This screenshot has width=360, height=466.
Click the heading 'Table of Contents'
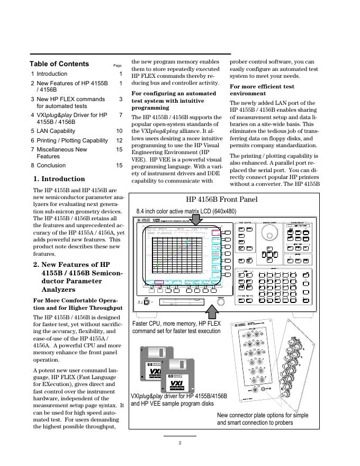tap(59, 64)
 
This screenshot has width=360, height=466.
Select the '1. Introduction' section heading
tap(59, 179)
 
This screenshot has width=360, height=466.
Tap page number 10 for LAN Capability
tap(119, 131)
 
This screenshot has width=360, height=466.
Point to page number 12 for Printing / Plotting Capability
tap(119, 140)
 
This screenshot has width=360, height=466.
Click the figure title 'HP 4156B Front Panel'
tap(222, 200)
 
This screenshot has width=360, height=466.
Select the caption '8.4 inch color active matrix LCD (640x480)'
tap(186, 211)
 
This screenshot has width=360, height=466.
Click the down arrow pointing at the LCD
tap(197, 219)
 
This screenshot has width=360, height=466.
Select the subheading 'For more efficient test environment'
tap(262, 89)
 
